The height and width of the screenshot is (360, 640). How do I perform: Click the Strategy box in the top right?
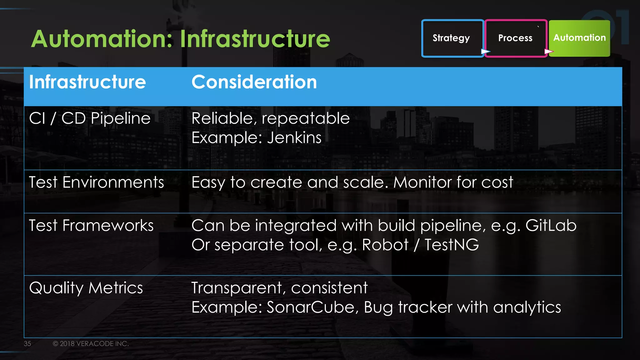pos(452,38)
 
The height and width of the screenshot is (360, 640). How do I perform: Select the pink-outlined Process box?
pos(515,38)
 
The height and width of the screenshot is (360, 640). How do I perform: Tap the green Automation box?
pos(579,38)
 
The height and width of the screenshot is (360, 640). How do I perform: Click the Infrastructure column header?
pos(87,82)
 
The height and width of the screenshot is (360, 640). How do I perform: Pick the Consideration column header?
pos(254,82)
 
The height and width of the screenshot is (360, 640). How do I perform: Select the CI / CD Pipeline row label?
pos(90,118)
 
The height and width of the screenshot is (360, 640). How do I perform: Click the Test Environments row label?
pos(96,182)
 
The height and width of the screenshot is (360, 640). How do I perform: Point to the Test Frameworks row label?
pos(91,226)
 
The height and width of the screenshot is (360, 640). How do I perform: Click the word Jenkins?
pos(294,138)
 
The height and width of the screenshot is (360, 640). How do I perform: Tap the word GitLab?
pos(551,226)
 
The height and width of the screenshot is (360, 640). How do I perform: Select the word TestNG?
pos(452,245)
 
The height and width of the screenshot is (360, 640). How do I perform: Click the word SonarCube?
pos(311,307)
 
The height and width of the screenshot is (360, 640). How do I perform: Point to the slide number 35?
pos(27,344)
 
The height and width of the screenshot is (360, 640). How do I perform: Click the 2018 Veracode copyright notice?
pos(91,344)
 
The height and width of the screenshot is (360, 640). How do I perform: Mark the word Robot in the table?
pos(385,245)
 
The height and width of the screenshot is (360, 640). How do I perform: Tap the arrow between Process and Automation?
pos(549,51)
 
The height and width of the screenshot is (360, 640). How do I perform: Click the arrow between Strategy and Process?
pos(485,51)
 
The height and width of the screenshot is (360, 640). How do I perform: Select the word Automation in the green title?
pos(102,39)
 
